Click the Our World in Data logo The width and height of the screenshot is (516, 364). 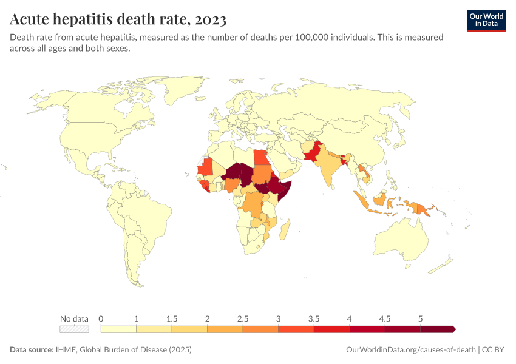486,20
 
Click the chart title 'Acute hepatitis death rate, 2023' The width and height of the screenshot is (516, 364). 118,20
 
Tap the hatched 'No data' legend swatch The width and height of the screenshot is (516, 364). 74,329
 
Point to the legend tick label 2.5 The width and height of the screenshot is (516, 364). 243,318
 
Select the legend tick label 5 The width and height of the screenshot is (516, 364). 420,318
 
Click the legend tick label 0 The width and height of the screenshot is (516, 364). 101,318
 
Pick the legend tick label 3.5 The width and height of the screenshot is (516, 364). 314,318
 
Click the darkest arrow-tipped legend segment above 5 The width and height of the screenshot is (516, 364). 437,329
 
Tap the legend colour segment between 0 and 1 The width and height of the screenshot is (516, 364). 118,329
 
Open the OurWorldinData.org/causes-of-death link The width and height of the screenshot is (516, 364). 410,350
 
